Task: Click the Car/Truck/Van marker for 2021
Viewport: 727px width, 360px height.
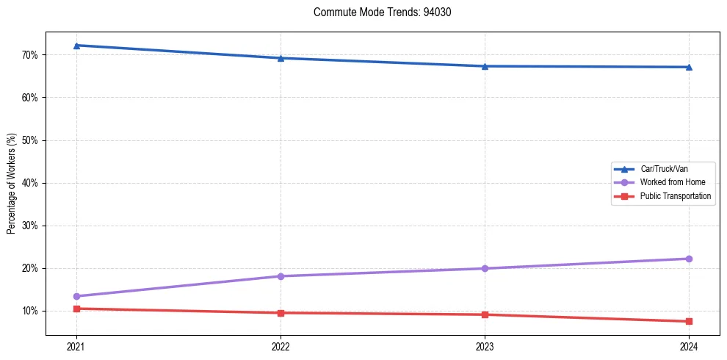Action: (x=76, y=46)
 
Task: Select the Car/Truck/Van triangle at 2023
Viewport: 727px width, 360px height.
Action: (x=485, y=66)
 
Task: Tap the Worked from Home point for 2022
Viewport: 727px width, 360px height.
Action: (x=281, y=276)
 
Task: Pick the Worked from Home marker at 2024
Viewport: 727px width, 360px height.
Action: (x=689, y=259)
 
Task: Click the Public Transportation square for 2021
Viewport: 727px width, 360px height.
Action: (x=76, y=309)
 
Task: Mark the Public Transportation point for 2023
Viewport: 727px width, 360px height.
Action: (x=485, y=314)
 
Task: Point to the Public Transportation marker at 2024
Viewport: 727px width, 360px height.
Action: (x=689, y=321)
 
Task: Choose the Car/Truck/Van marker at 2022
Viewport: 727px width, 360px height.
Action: (x=281, y=58)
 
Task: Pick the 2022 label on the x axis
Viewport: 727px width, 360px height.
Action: (x=281, y=346)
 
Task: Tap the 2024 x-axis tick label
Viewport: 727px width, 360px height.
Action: (x=689, y=346)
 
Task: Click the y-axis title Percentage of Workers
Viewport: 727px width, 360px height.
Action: (x=12, y=183)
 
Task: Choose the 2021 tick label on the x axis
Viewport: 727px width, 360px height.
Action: (x=76, y=346)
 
